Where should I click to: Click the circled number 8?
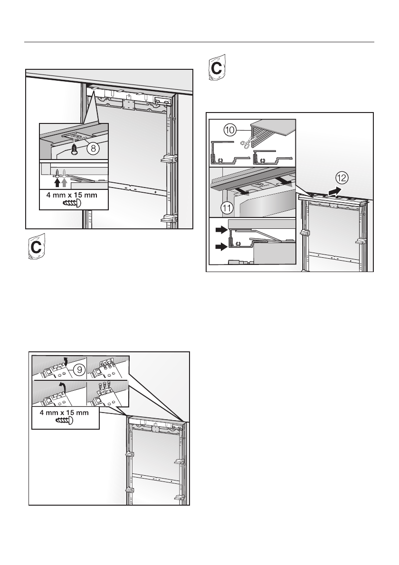coord(94,149)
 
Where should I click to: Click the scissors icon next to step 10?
coord(246,142)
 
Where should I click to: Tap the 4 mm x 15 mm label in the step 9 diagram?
coord(66,411)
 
